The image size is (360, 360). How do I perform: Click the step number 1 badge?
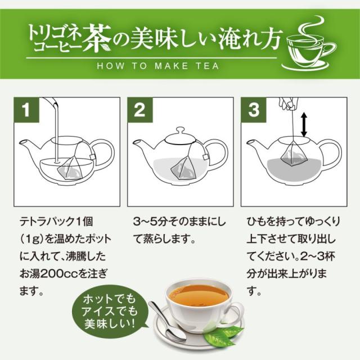[26, 110]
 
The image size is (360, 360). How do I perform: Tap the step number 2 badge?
[140, 110]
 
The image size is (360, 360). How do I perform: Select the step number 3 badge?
[254, 110]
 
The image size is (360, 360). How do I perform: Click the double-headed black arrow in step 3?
[304, 124]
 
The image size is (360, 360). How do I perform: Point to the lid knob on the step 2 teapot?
[181, 130]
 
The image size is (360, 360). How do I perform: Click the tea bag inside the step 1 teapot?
[70, 168]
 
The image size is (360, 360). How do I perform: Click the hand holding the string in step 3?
[288, 103]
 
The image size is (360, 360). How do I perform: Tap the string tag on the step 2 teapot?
[205, 157]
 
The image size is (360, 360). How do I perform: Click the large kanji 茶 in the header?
[97, 38]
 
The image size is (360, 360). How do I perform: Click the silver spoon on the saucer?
[167, 321]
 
